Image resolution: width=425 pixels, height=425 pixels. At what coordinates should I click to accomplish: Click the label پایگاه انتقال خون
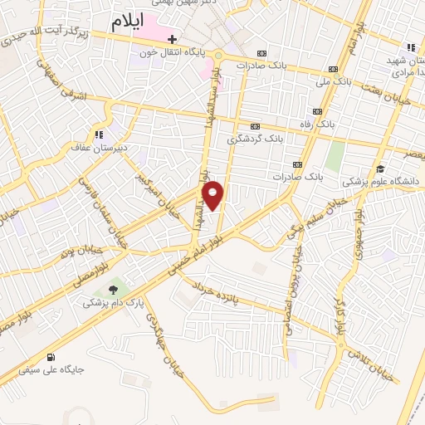pyautogui.click(x=172, y=51)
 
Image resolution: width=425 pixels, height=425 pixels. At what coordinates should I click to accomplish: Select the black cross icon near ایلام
pyautogui.click(x=172, y=38)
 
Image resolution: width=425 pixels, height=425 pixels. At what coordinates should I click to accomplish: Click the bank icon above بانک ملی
pyautogui.click(x=333, y=70)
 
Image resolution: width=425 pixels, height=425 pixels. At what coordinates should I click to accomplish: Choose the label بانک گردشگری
pyautogui.click(x=253, y=138)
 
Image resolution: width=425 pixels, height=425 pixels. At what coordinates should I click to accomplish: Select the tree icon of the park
pyautogui.click(x=110, y=290)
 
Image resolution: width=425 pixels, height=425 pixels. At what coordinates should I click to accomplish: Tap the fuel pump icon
pyautogui.click(x=53, y=356)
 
